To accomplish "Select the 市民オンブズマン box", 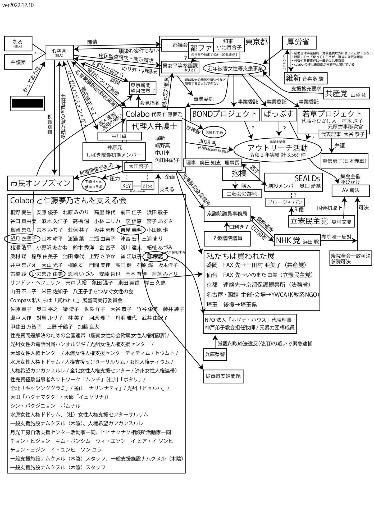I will point(40,183).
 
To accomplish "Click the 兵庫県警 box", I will point(215,354).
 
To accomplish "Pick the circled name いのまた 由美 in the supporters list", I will point(47,274).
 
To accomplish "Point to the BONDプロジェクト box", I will point(225,114).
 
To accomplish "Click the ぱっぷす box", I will point(279,114).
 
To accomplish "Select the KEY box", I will point(127,186).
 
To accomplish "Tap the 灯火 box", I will point(147,186).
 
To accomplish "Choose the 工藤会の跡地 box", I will point(242,194).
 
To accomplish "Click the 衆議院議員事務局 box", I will point(227,214).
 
